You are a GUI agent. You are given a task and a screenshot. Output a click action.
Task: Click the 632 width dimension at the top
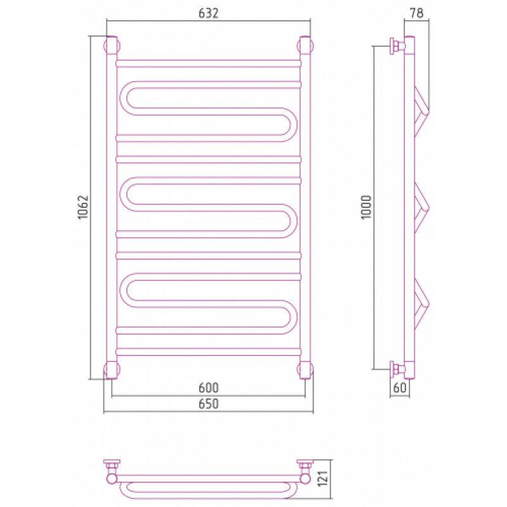tap(209, 13)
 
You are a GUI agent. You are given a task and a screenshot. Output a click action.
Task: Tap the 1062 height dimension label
tap(84, 207)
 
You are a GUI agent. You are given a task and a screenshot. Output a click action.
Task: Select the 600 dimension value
tap(209, 387)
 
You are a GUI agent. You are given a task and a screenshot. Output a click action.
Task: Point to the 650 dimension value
tap(209, 404)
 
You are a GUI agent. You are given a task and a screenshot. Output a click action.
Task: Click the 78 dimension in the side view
tap(417, 13)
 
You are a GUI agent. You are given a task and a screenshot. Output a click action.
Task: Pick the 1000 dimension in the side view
tap(367, 207)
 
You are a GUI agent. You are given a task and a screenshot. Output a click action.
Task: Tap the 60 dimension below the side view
tap(400, 387)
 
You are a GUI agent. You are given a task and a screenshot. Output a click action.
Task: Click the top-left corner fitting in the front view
tap(112, 45)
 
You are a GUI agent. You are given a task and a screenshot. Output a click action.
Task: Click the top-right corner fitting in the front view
tap(305, 45)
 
